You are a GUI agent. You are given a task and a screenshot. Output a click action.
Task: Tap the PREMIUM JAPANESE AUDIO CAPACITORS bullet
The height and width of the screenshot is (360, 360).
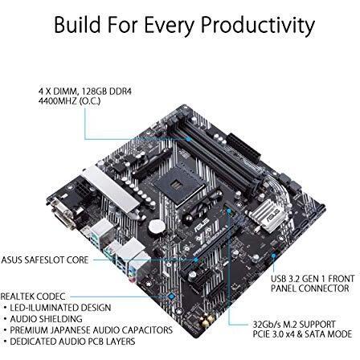(x=89, y=329)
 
